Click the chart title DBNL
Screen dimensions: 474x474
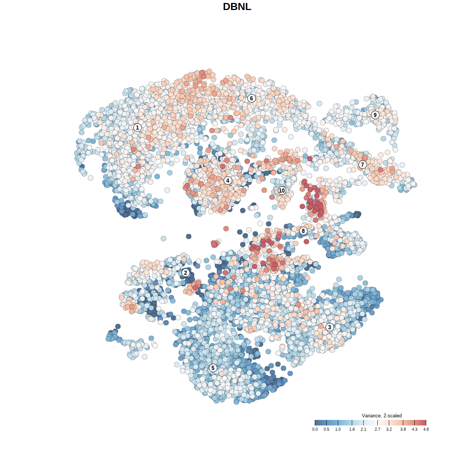tap(237, 7)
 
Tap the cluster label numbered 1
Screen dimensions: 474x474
tap(137, 127)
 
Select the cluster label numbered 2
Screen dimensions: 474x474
tap(186, 273)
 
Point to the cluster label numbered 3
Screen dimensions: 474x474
tap(330, 327)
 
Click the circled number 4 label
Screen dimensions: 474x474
tap(228, 181)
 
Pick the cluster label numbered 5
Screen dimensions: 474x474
tap(213, 368)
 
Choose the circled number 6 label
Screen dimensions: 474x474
tap(251, 98)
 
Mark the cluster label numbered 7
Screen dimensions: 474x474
tap(363, 165)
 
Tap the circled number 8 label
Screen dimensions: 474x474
tap(303, 231)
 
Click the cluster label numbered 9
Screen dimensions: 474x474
tap(375, 115)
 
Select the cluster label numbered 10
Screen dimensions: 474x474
tap(282, 190)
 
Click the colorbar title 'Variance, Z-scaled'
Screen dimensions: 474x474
tap(381, 415)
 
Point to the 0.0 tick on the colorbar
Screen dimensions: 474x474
tap(315, 429)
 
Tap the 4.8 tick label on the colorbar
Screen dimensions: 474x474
tap(426, 429)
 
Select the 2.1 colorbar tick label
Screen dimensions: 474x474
tap(363, 429)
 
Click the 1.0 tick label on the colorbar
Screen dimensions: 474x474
tap(338, 429)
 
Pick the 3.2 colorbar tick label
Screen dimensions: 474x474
tap(389, 429)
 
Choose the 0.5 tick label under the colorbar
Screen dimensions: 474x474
tap(326, 429)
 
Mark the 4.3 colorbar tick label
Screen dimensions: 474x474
tap(414, 429)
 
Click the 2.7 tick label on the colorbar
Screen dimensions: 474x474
tap(377, 429)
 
